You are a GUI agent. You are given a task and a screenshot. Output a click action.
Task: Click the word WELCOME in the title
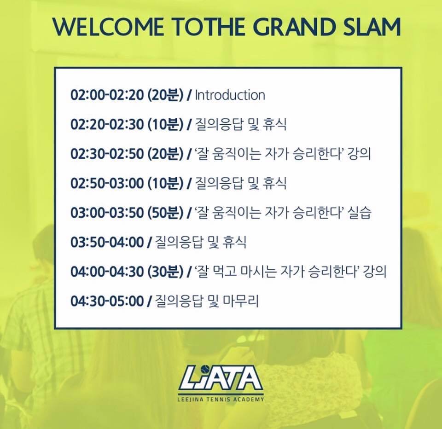click(108, 27)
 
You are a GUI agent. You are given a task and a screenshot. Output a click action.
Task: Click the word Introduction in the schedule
click(230, 95)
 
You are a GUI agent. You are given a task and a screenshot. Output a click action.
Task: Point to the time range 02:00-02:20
click(107, 95)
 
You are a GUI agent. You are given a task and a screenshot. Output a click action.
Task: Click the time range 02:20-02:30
click(107, 125)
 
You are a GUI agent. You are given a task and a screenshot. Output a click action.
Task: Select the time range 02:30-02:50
click(107, 154)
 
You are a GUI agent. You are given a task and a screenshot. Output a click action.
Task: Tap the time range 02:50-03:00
click(107, 184)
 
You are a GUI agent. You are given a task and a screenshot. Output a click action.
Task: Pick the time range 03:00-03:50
click(107, 213)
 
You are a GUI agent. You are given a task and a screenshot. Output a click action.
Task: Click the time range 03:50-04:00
click(107, 242)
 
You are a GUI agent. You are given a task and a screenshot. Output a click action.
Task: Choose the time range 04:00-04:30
click(107, 272)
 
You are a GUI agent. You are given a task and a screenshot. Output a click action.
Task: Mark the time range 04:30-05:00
click(107, 301)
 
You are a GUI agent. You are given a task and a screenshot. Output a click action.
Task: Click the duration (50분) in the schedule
click(165, 213)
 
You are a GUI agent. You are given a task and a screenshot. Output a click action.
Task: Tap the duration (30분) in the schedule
click(165, 272)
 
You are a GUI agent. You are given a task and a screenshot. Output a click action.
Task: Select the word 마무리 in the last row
click(241, 301)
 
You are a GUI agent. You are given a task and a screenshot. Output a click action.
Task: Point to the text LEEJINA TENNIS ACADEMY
click(221, 400)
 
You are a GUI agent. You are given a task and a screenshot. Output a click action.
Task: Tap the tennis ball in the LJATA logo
click(207, 369)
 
